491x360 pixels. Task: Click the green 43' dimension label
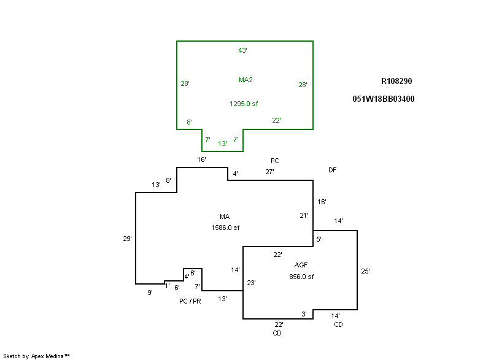point(242,50)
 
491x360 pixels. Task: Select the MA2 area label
point(246,80)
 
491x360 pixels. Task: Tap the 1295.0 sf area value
point(244,104)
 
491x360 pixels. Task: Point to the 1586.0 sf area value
point(225,228)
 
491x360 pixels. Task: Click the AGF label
point(301,265)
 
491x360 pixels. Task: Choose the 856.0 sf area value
point(301,277)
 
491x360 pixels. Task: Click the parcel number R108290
point(396,82)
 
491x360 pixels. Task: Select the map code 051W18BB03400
point(384,99)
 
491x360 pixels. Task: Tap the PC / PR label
point(190,301)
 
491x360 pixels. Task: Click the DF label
point(332,170)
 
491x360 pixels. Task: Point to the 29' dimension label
point(127,239)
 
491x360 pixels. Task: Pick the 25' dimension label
point(365,271)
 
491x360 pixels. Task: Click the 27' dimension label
point(269,172)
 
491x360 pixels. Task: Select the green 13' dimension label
point(222,144)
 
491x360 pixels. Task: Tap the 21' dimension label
point(304,215)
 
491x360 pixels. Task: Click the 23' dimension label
point(251,283)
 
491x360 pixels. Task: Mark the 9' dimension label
point(150,293)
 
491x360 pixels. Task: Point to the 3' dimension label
point(304,314)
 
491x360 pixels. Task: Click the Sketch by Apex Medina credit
point(37,356)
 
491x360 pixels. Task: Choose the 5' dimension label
point(319,239)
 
